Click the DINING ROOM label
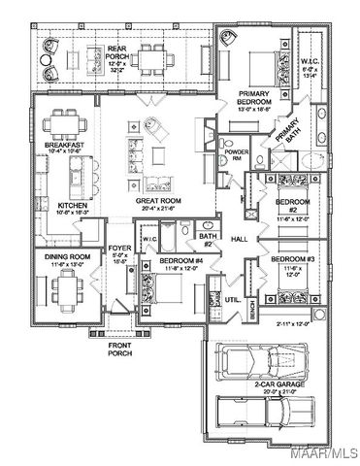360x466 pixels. (67, 257)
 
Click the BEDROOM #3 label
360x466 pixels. (289, 260)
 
